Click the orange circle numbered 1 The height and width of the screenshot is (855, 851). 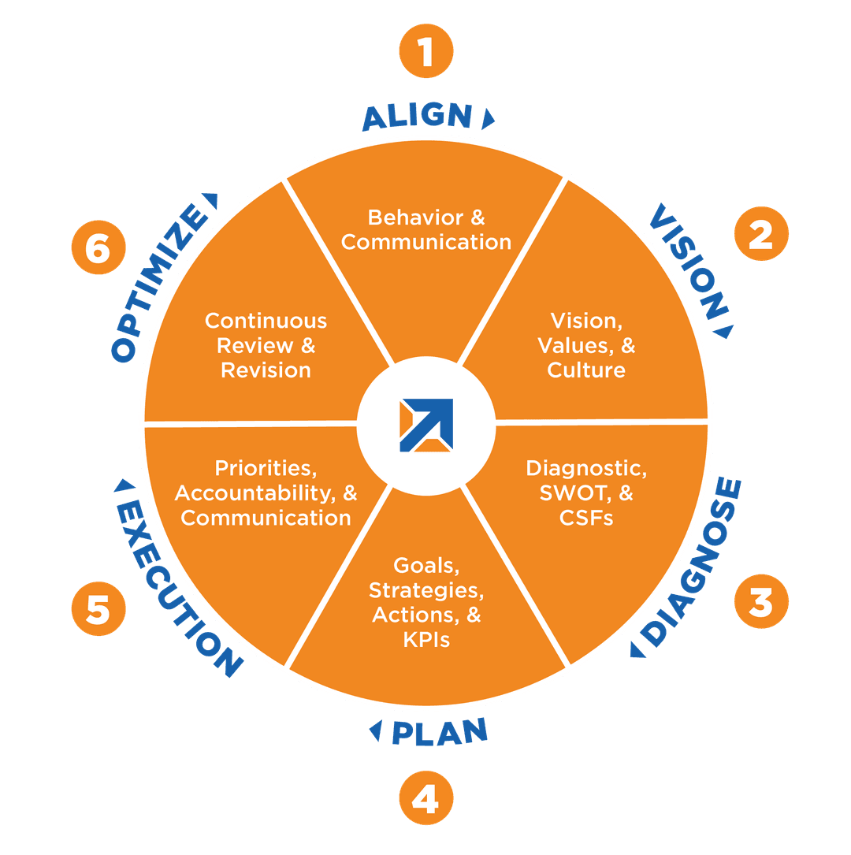coord(425,53)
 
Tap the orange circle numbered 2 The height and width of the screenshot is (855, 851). coord(760,234)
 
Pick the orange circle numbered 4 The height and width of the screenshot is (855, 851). coord(425,800)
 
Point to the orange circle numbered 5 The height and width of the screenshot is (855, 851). coord(98,609)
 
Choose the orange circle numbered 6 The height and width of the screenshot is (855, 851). coord(98,250)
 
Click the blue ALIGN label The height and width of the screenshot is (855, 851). coord(418,117)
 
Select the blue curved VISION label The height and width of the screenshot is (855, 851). coord(688,260)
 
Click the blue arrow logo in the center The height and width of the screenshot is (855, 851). coord(425,425)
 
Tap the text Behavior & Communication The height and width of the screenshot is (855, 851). coord(426,229)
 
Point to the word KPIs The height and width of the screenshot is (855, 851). coord(425,639)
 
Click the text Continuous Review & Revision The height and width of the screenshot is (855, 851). coord(266,345)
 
